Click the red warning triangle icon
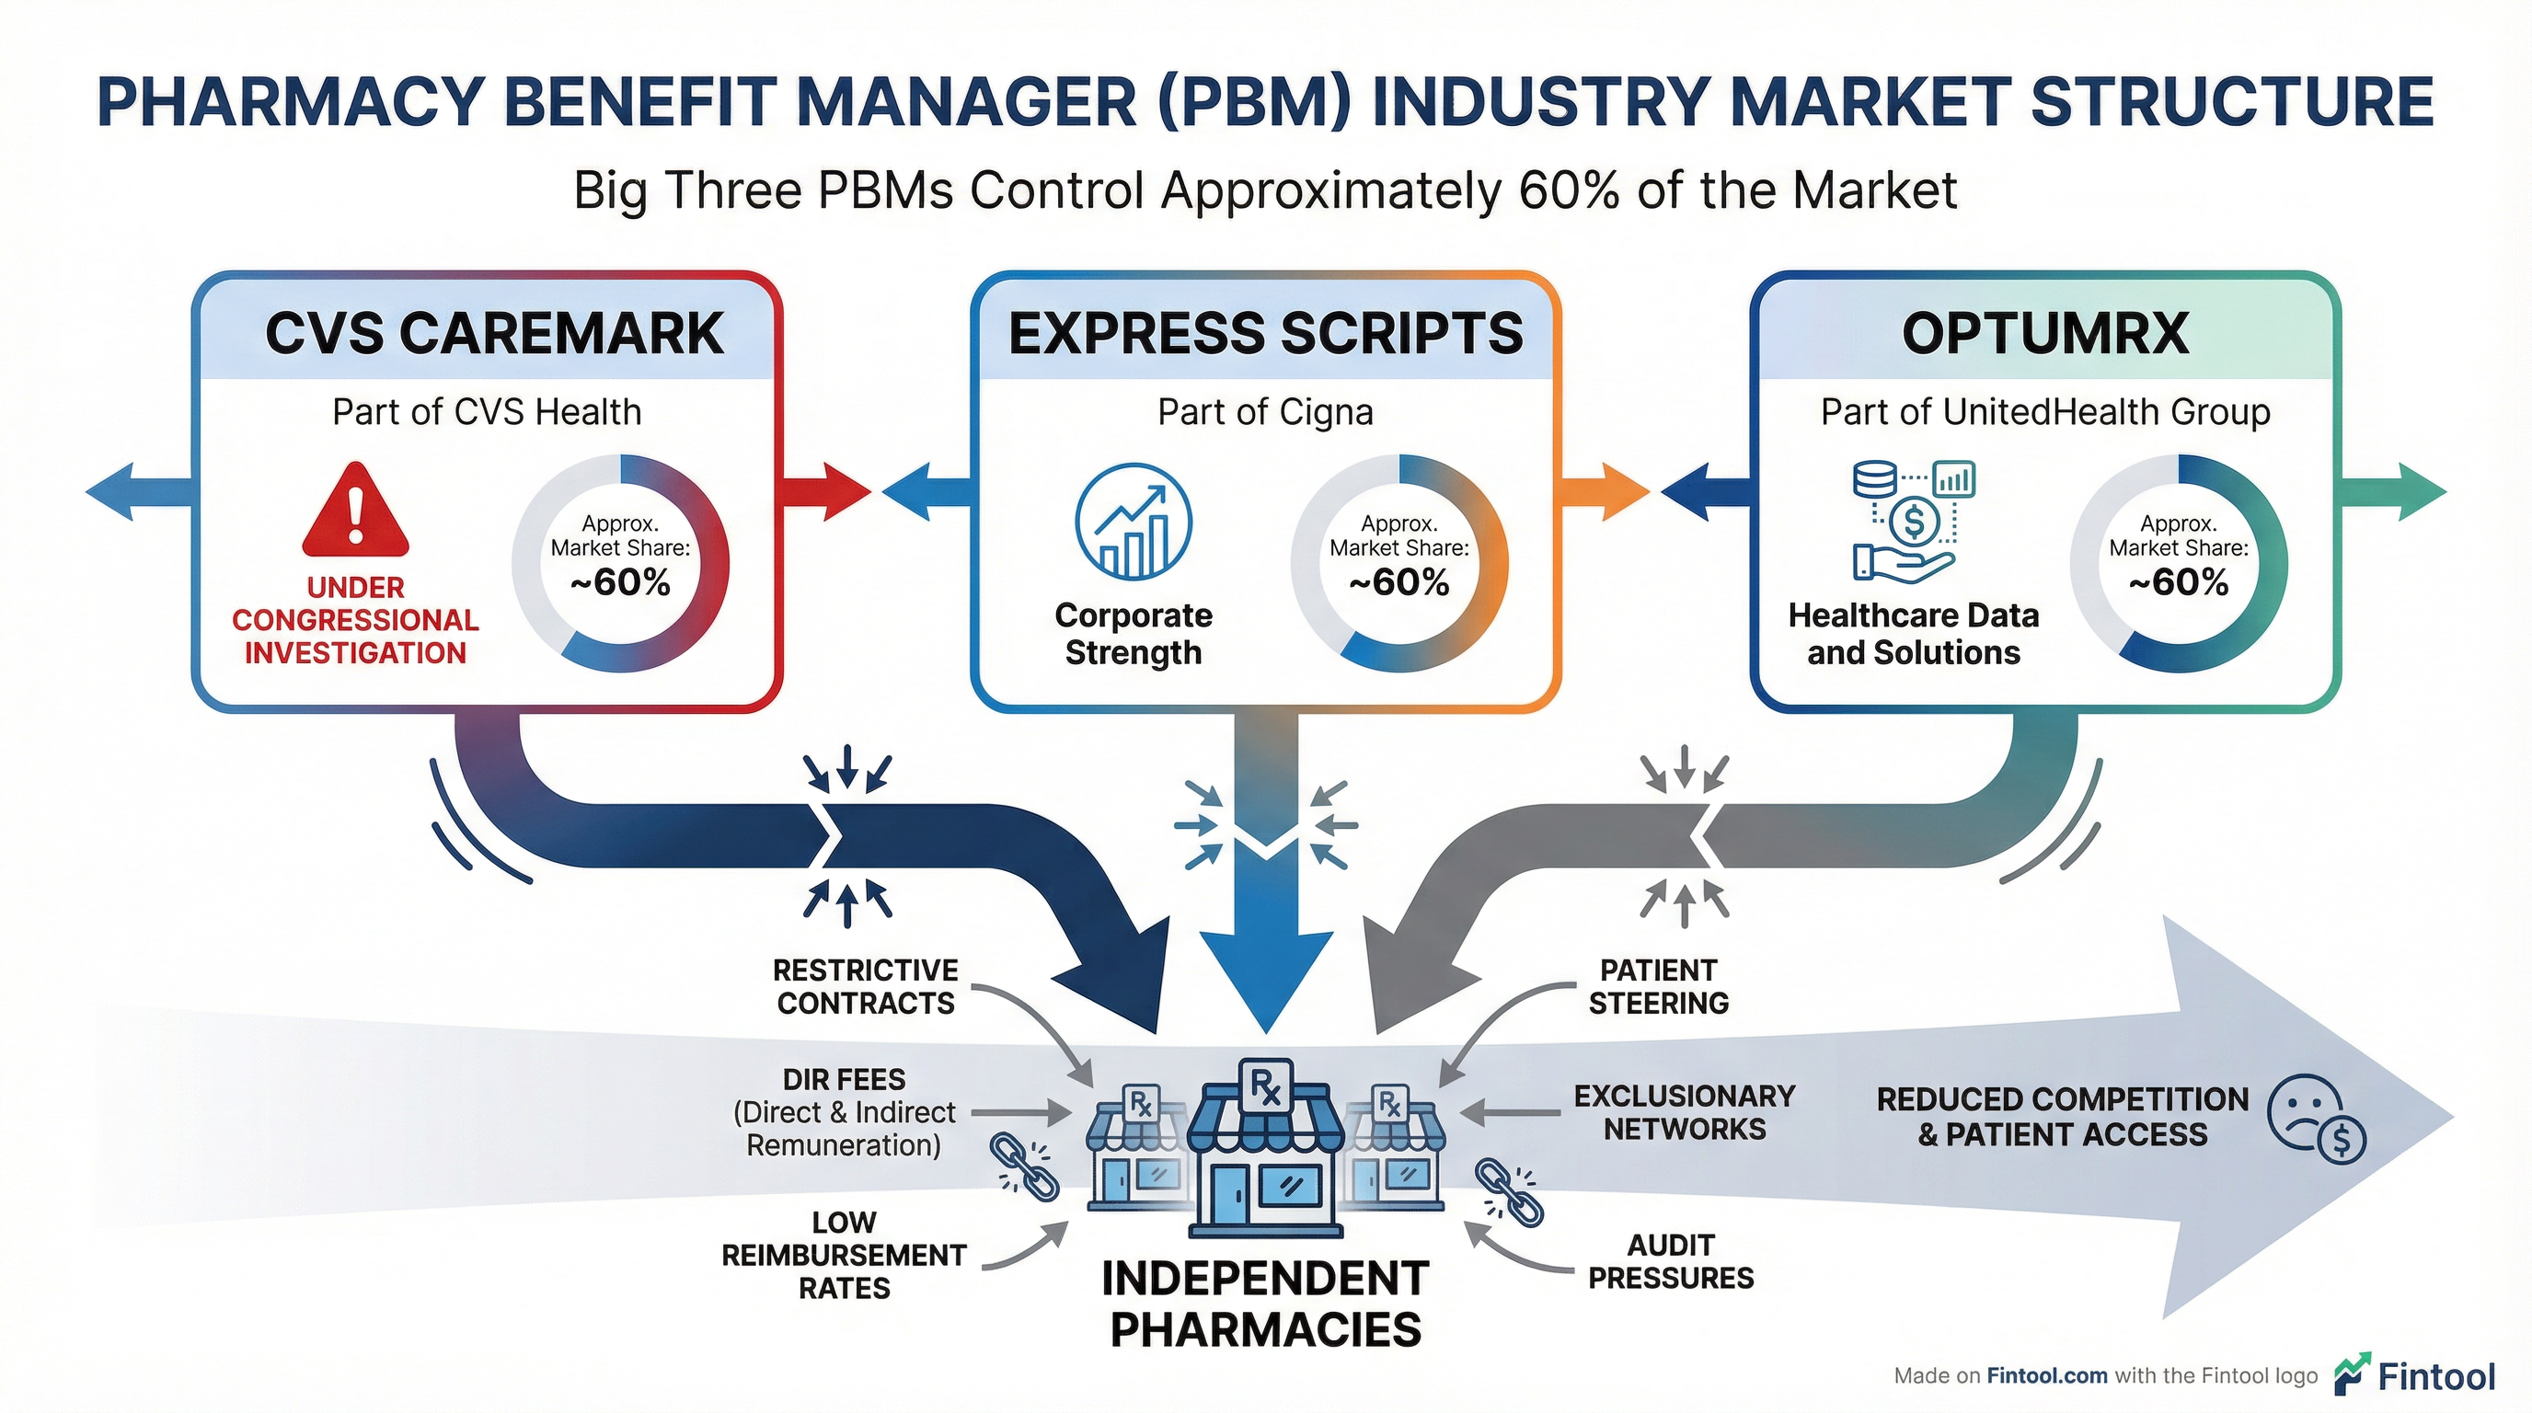355,514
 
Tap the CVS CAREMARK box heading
494,333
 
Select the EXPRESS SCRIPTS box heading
1265,333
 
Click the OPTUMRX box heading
2044,333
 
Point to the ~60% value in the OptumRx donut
2178,582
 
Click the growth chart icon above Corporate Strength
1134,523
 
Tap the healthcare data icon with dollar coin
1913,521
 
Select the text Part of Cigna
1265,412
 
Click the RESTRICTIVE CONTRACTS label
865,986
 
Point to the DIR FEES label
844,1080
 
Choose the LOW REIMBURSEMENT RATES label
844,1255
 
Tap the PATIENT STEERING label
1658,986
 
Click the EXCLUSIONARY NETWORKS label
1684,1112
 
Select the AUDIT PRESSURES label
1670,1262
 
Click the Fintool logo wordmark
2434,1376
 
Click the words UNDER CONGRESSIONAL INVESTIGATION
355,620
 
